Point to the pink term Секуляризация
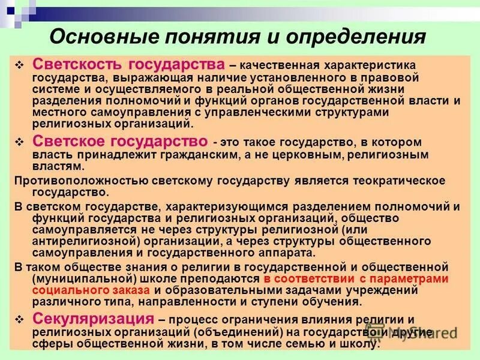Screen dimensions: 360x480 86,319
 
